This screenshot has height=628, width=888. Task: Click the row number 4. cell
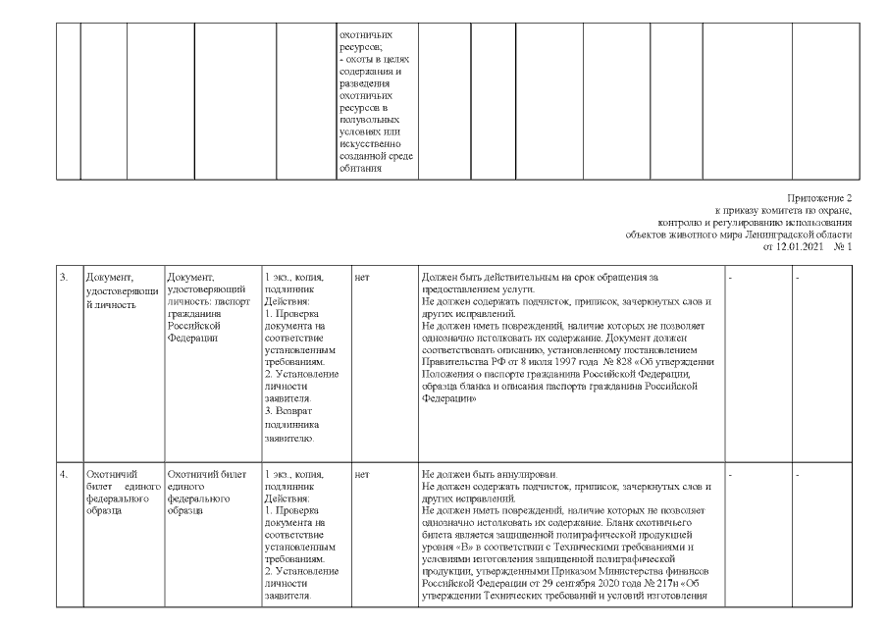(64, 474)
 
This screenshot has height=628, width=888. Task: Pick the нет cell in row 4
(362, 474)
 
